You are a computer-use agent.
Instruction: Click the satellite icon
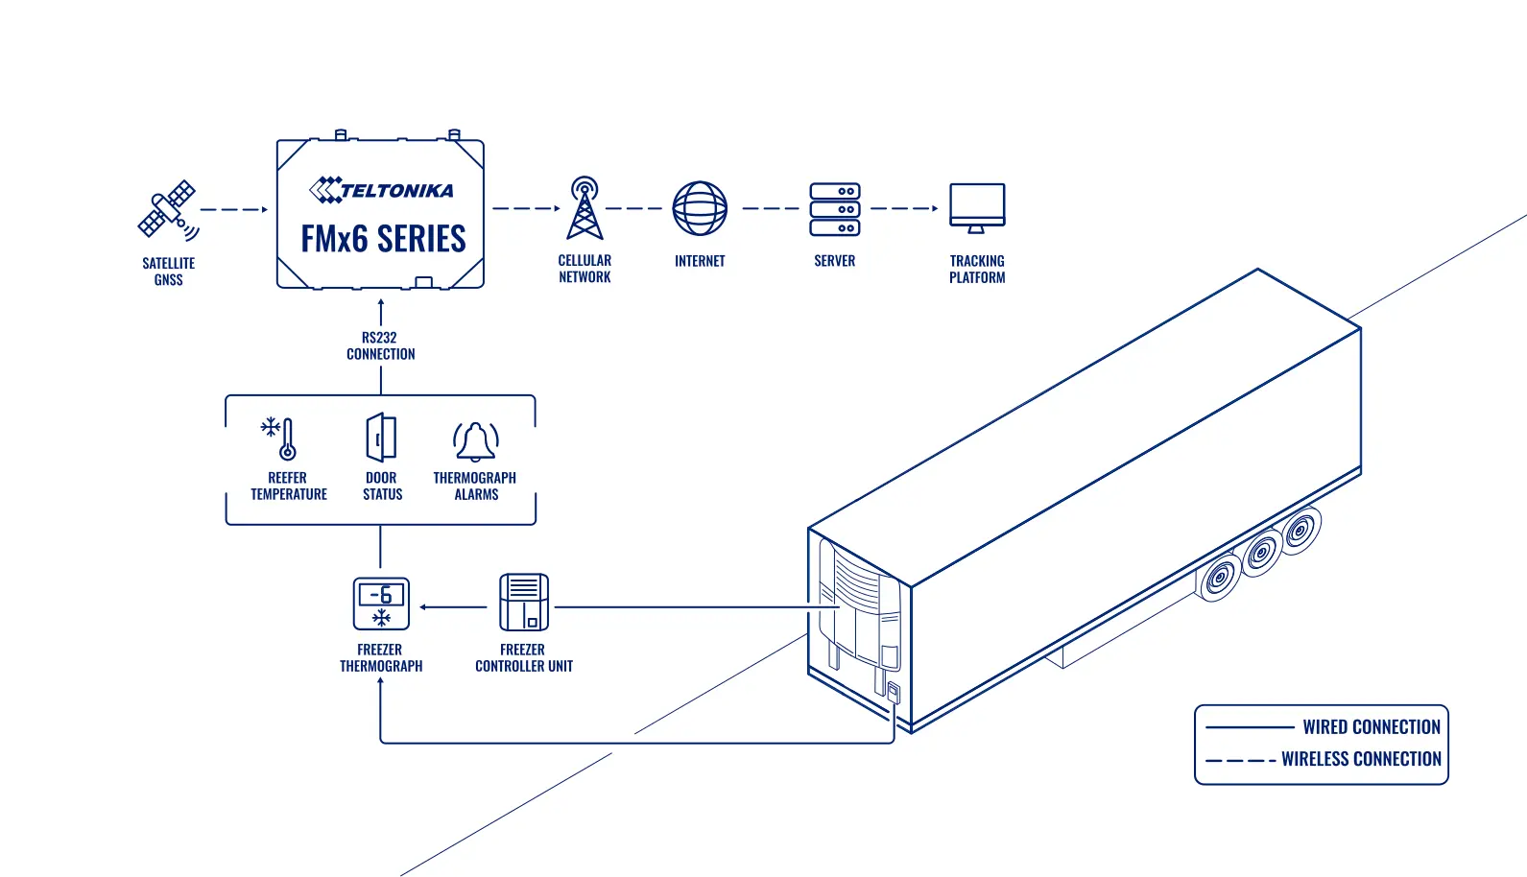(168, 210)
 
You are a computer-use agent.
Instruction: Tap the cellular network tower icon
(585, 208)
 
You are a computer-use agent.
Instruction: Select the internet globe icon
(700, 208)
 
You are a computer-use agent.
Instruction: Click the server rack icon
(834, 208)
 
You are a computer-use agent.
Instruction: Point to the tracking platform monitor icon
(977, 208)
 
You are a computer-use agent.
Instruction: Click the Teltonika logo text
(382, 190)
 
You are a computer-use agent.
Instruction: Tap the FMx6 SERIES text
(383, 239)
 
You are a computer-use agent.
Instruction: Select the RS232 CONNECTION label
(380, 345)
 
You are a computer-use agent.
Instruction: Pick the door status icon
(381, 438)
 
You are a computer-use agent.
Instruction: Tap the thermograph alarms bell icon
(476, 441)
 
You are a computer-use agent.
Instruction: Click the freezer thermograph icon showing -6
(381, 604)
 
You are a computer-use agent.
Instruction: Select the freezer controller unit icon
(523, 603)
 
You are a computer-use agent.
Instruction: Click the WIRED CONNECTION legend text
(1372, 727)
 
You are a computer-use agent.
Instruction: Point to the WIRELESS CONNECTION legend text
(1361, 759)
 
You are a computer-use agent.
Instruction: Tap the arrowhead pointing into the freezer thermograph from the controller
(423, 606)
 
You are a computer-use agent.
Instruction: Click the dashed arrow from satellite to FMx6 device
(234, 209)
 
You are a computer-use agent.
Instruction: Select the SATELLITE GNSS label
(168, 272)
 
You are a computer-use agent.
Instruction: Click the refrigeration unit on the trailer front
(859, 613)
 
